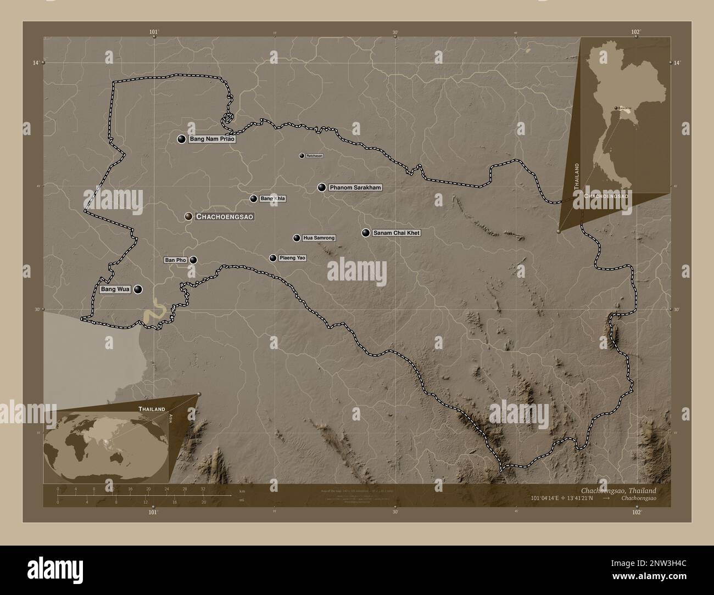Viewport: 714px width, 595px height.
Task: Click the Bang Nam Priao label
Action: point(212,139)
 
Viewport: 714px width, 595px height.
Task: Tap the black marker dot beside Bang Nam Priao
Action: point(181,139)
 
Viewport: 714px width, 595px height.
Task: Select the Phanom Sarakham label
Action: point(355,188)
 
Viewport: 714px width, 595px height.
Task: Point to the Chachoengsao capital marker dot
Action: point(188,217)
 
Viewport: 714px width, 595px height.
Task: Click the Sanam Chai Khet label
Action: point(397,233)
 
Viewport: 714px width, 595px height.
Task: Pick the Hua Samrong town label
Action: point(319,238)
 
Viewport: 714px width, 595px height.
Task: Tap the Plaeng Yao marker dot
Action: point(272,258)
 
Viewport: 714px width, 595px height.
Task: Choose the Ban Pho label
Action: point(176,260)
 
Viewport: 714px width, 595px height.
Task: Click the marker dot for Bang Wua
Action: point(138,289)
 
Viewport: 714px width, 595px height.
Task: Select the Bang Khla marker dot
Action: point(253,199)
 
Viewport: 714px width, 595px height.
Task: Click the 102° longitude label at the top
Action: point(636,32)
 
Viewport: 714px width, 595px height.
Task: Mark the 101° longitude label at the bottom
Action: point(154,513)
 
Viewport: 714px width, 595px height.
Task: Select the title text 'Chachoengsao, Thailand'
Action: point(618,490)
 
